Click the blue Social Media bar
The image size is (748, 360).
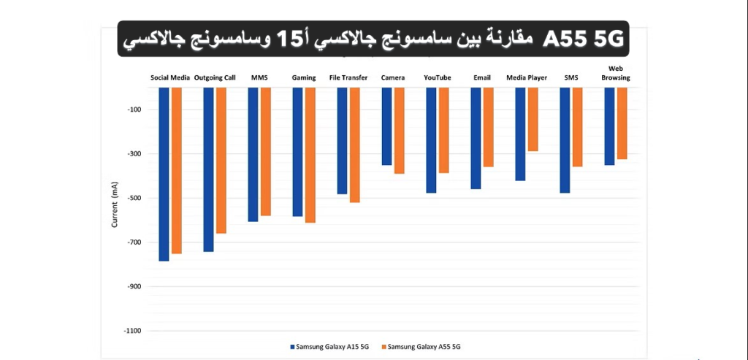click(164, 174)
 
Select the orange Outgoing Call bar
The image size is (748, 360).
click(221, 161)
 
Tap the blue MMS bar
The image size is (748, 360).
click(253, 154)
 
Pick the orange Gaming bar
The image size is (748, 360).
click(310, 155)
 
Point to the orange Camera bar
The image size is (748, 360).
click(399, 131)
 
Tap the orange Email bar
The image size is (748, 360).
click(488, 127)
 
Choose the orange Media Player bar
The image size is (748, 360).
click(533, 119)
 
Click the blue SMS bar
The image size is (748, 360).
click(565, 140)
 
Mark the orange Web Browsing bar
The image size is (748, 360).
click(622, 123)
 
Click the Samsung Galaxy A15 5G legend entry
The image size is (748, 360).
click(333, 346)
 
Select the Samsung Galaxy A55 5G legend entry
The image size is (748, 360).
click(424, 346)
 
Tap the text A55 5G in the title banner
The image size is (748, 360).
click(585, 40)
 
